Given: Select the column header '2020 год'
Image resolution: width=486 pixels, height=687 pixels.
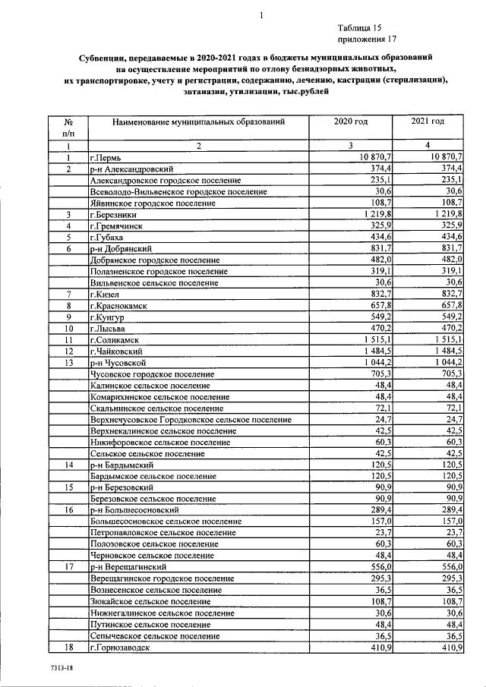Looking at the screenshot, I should tap(351, 121).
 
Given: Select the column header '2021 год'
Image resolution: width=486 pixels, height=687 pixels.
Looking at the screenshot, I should tap(427, 121).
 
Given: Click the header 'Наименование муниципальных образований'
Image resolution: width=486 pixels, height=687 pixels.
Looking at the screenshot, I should tap(198, 121).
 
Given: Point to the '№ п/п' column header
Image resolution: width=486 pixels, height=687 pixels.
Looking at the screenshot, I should tap(68, 127).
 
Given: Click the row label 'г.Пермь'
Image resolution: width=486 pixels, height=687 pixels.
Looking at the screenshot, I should tap(106, 157).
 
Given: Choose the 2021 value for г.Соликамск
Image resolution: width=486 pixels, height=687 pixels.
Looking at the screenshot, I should tap(446, 341).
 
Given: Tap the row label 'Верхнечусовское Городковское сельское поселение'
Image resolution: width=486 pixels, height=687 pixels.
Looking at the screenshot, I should tap(191, 420).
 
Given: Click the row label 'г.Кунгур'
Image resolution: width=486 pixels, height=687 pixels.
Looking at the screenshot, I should tap(107, 317).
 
